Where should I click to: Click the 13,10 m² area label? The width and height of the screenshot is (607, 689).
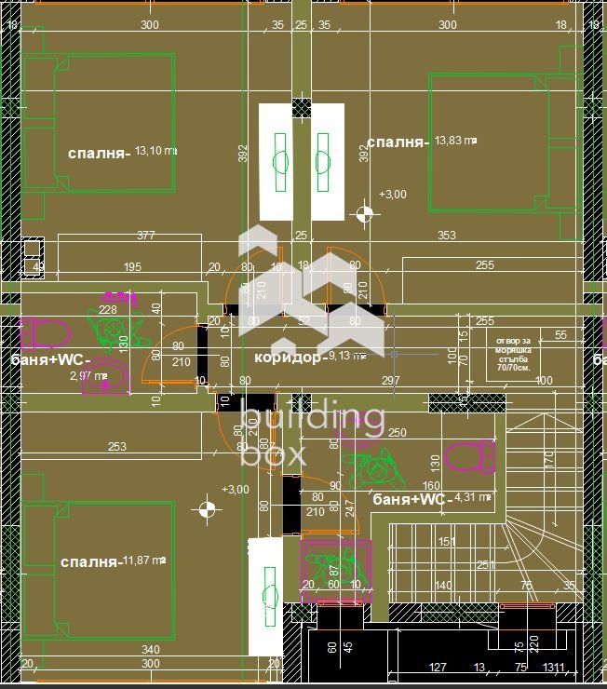155,151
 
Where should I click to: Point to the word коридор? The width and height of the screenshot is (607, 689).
289,358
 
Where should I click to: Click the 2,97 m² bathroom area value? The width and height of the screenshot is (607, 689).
88,377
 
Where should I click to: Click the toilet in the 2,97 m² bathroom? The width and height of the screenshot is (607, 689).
45,331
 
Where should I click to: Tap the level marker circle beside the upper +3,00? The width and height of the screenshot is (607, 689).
364,214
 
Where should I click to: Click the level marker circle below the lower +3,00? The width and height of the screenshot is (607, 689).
208,508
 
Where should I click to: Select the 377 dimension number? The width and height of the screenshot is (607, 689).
145,236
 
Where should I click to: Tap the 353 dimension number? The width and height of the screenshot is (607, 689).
447,236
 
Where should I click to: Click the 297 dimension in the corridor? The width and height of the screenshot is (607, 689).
390,380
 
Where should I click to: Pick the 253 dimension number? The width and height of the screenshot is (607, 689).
116,447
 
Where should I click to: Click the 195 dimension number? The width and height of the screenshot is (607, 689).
131,267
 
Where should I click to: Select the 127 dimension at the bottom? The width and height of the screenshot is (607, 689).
437,667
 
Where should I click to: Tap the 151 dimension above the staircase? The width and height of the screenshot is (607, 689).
447,541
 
